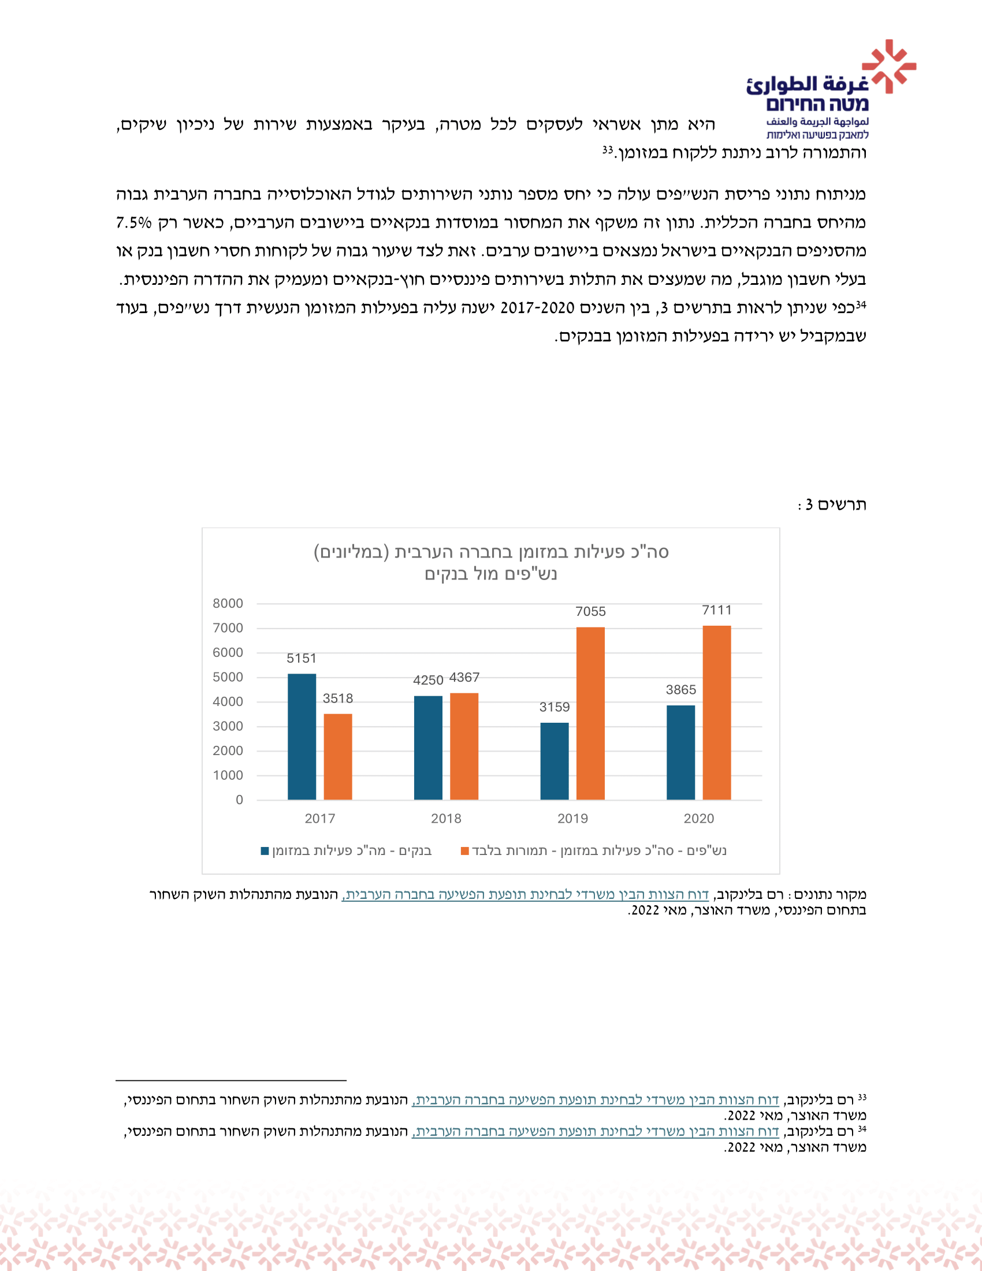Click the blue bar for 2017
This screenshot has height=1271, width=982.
click(x=302, y=737)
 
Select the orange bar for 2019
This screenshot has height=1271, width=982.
click(x=590, y=713)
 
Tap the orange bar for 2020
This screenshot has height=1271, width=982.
click(x=717, y=713)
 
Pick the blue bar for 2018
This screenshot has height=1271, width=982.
click(x=428, y=748)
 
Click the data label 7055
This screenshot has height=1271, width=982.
click(x=590, y=612)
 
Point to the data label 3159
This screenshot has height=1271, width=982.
click(x=555, y=707)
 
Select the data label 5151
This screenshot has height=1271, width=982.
click(x=302, y=658)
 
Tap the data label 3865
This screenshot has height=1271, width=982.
click(x=680, y=690)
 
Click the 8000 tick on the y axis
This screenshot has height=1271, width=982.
click(x=228, y=604)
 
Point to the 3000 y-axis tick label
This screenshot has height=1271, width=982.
click(x=228, y=726)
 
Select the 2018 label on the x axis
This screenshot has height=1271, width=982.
click(x=446, y=818)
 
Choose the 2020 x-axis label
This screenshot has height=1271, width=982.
click(x=699, y=818)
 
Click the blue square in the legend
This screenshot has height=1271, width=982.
click(x=265, y=851)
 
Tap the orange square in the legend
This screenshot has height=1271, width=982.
click(x=465, y=851)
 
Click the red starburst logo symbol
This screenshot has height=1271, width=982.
click(x=888, y=66)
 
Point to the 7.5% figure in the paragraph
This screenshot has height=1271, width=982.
click(x=134, y=223)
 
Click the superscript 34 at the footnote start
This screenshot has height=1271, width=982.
click(x=862, y=1129)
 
